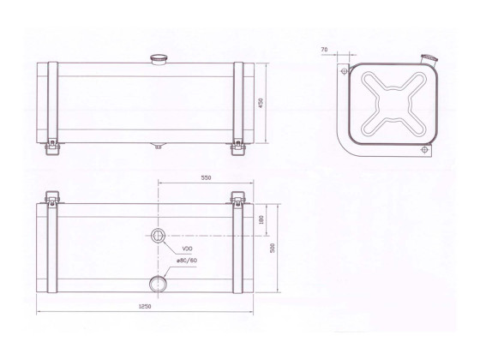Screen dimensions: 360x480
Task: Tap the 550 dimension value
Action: point(206,177)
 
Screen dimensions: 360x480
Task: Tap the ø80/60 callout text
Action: point(187,261)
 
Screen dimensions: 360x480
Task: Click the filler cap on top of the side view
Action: point(158,59)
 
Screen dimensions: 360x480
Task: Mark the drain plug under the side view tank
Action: point(158,145)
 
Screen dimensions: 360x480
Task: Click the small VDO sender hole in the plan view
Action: point(158,236)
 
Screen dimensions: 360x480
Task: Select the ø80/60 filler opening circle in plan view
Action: point(158,282)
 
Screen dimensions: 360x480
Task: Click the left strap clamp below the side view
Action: point(51,147)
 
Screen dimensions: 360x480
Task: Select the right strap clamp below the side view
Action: point(237,147)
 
